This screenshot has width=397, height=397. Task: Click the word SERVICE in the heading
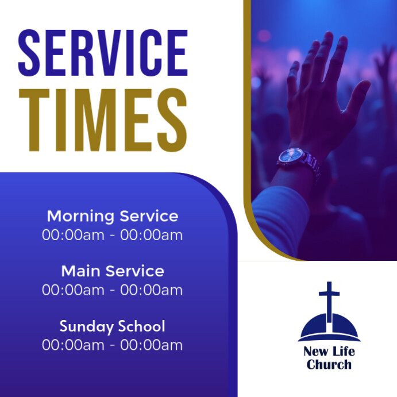[x=103, y=53]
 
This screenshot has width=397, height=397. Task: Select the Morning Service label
[x=112, y=217]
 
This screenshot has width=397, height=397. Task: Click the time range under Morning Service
[x=112, y=235]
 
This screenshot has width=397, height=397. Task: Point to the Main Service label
[x=112, y=271]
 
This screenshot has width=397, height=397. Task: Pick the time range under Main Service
[x=112, y=290]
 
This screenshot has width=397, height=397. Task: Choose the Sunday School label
[x=112, y=326]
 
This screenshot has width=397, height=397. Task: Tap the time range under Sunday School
[x=112, y=345]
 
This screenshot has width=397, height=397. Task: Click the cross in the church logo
[x=329, y=299]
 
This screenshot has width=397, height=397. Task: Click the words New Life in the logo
[x=329, y=352]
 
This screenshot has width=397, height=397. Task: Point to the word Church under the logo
[x=329, y=364]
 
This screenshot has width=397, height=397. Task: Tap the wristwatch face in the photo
[x=292, y=156]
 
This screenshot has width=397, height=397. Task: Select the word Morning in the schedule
[x=80, y=217]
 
